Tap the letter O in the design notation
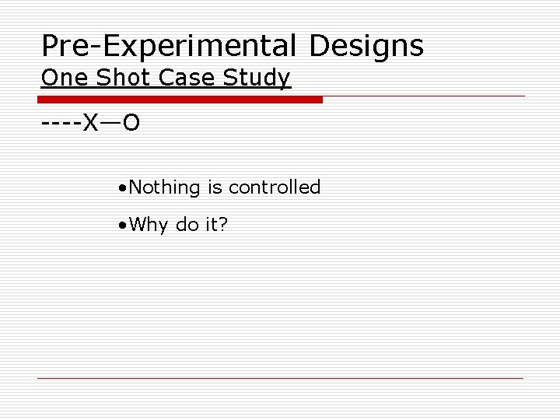pyautogui.click(x=131, y=124)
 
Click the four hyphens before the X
pyautogui.click(x=61, y=124)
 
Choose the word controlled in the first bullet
pyautogui.click(x=275, y=187)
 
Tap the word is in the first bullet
pyautogui.click(x=215, y=187)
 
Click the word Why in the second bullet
pyautogui.click(x=145, y=226)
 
